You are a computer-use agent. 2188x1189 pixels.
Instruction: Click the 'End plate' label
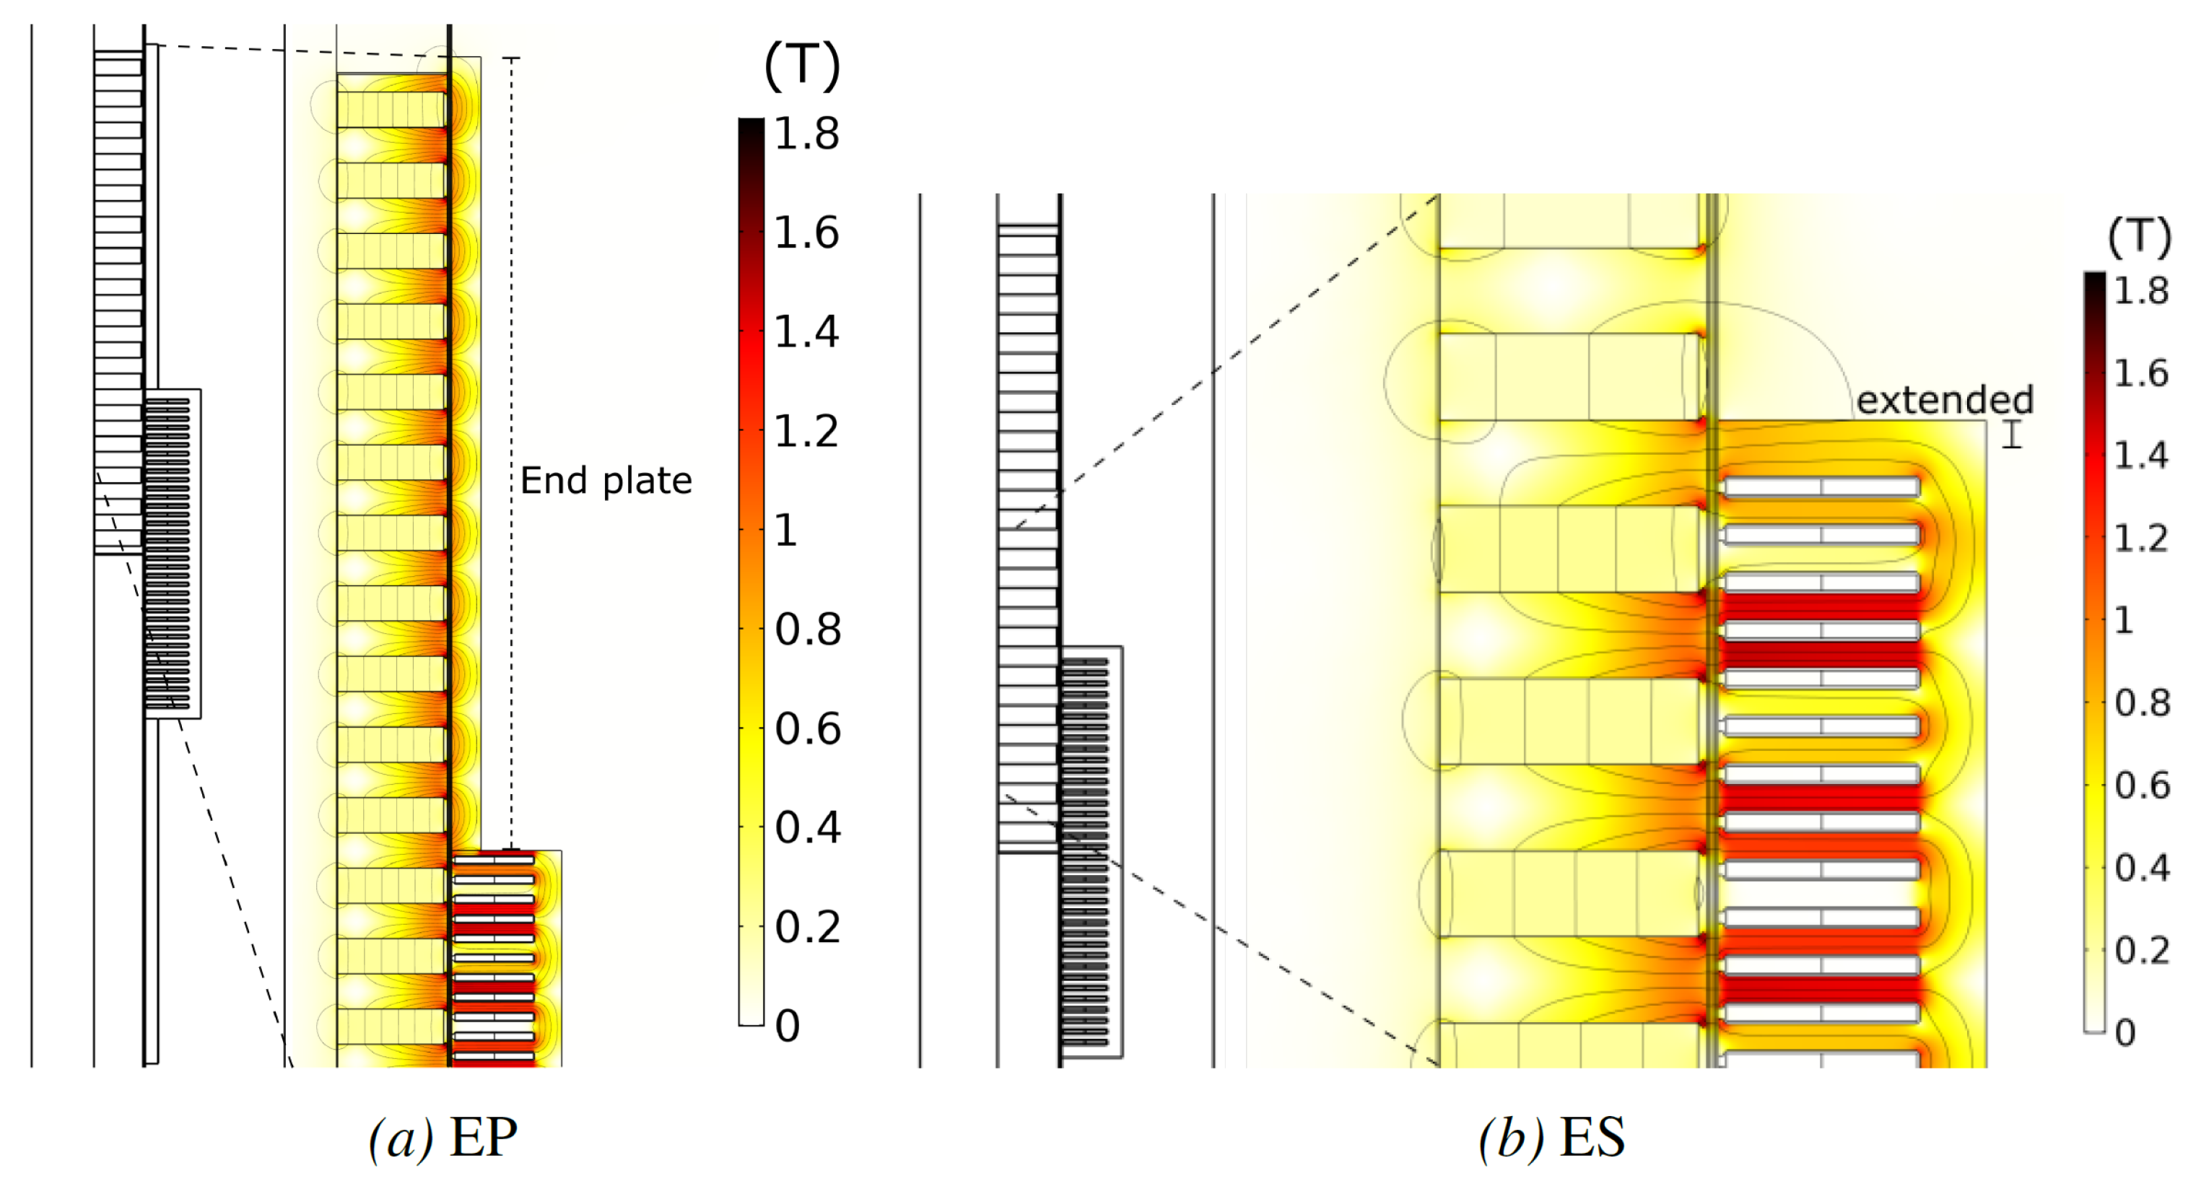point(606,481)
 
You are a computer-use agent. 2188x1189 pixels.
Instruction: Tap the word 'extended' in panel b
point(1944,400)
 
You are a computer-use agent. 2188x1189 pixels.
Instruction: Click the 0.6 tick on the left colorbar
point(807,728)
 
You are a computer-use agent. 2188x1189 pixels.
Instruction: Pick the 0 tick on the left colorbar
point(788,1026)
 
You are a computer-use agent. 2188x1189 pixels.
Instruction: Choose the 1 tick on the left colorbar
point(785,531)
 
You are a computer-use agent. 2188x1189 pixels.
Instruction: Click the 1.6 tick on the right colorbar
point(2140,373)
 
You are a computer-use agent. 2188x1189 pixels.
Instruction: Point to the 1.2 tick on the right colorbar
point(2140,538)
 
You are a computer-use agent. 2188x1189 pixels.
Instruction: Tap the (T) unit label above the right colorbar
point(2139,237)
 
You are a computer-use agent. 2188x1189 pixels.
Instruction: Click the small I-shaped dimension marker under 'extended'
point(2011,434)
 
